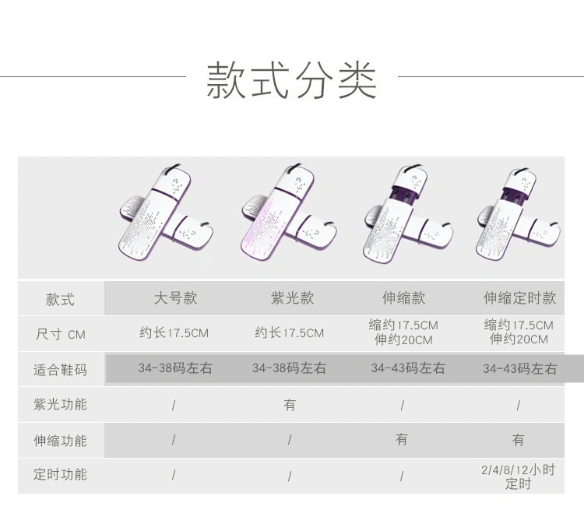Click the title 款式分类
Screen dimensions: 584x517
point(291,79)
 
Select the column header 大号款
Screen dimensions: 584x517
point(175,298)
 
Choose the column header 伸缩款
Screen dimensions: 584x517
point(404,298)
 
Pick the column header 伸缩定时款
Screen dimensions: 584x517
point(519,298)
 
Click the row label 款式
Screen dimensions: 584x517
point(60,299)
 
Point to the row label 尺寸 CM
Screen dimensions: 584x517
point(60,335)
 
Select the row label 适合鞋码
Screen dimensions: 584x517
point(60,370)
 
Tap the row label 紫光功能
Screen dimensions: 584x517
point(60,405)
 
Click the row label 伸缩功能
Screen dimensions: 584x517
point(60,440)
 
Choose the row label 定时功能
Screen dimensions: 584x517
point(60,474)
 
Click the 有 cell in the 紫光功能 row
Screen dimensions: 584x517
point(290,405)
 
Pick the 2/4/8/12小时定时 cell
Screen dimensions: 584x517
point(519,477)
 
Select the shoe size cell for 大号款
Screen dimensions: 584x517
point(175,368)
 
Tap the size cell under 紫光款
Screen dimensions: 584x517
point(289,333)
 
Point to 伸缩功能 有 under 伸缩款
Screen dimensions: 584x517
point(402,439)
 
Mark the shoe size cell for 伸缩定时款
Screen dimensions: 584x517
point(519,369)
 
